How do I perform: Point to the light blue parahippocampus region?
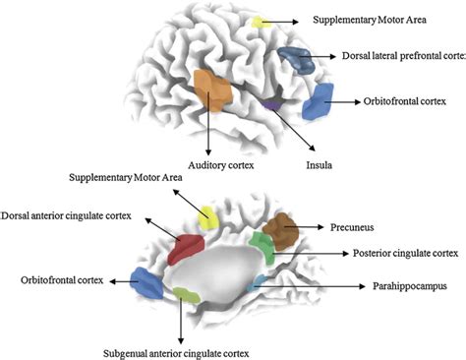(x=260, y=282)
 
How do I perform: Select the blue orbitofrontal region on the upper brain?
(x=319, y=102)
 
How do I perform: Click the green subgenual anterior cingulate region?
(x=184, y=293)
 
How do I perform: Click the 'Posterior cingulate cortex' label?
(x=404, y=254)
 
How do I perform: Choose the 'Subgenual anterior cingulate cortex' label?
(x=181, y=352)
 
